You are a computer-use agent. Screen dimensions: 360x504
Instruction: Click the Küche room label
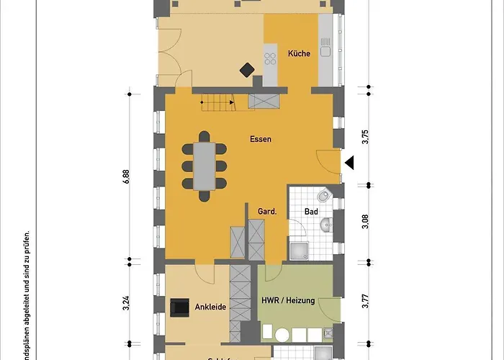point(299,54)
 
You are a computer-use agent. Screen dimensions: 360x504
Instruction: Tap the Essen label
point(261,139)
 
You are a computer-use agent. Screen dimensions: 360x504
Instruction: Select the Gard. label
point(268,212)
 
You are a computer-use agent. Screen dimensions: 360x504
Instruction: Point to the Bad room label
point(311,212)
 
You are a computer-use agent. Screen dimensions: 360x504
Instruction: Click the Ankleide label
point(211,307)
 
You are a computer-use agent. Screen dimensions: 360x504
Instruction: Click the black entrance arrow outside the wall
point(349,163)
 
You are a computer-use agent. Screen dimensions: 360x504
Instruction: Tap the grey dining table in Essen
point(206,166)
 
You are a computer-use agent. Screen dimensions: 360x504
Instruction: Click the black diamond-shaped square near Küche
point(247,70)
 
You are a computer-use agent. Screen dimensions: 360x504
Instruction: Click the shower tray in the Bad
point(299,249)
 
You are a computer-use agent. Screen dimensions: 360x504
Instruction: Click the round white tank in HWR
point(282,335)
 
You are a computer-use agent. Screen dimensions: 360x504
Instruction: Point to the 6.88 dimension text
point(127,178)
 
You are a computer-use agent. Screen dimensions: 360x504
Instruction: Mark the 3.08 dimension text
point(366,222)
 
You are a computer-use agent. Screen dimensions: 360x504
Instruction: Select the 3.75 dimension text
point(366,138)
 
